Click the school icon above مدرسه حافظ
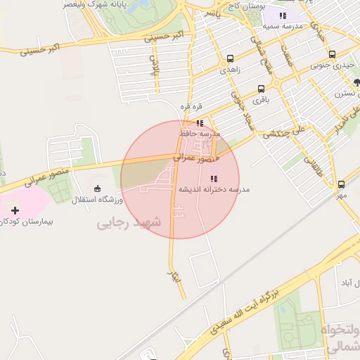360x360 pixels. (x=200, y=123)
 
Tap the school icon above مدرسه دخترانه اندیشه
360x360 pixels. (x=213, y=179)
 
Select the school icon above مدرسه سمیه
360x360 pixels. (x=283, y=15)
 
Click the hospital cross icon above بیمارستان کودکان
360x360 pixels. (x=15, y=210)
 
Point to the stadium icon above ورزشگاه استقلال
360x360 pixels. (x=97, y=188)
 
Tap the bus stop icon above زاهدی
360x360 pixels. (x=231, y=59)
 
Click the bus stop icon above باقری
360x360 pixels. (x=262, y=89)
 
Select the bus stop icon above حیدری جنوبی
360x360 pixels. (x=332, y=54)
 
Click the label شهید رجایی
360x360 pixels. (x=129, y=223)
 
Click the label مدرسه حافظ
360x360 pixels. (x=201, y=134)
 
